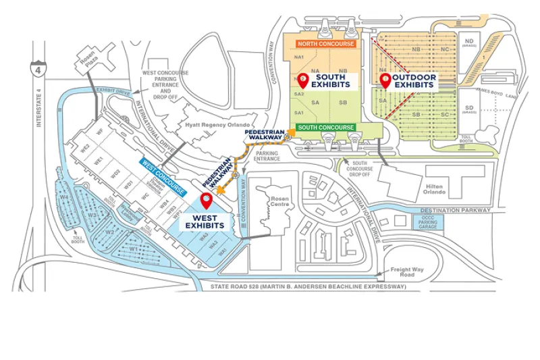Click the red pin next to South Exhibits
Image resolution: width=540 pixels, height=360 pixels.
pos(304,80)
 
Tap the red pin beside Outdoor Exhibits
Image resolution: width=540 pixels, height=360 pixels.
pos(385,80)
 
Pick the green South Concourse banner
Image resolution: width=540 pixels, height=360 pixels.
pos(327,127)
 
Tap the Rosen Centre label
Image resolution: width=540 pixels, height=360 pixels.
pos(279,202)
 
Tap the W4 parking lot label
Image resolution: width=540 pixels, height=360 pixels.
pos(64,198)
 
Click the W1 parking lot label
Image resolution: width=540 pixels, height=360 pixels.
pos(134,249)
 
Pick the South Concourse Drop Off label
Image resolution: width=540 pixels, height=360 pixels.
pos(363,168)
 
